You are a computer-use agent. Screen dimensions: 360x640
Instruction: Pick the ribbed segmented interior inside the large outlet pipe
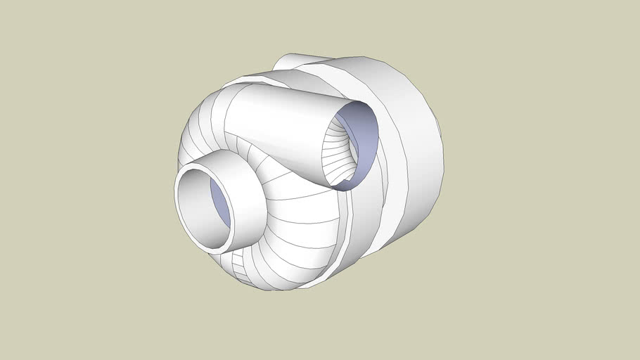336,151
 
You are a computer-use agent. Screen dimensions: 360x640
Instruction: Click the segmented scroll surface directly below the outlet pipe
302,211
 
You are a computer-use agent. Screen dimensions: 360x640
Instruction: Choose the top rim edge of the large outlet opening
355,103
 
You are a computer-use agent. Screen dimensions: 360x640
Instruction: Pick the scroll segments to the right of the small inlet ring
295,246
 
